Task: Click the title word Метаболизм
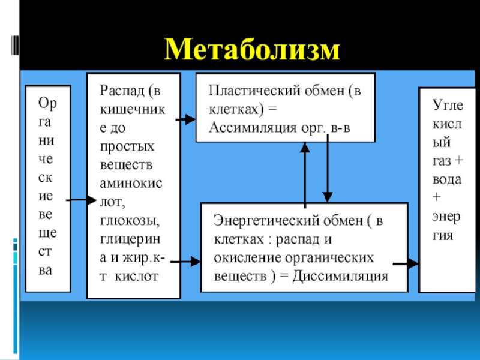click(x=252, y=49)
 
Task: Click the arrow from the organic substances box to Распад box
click(x=80, y=200)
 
